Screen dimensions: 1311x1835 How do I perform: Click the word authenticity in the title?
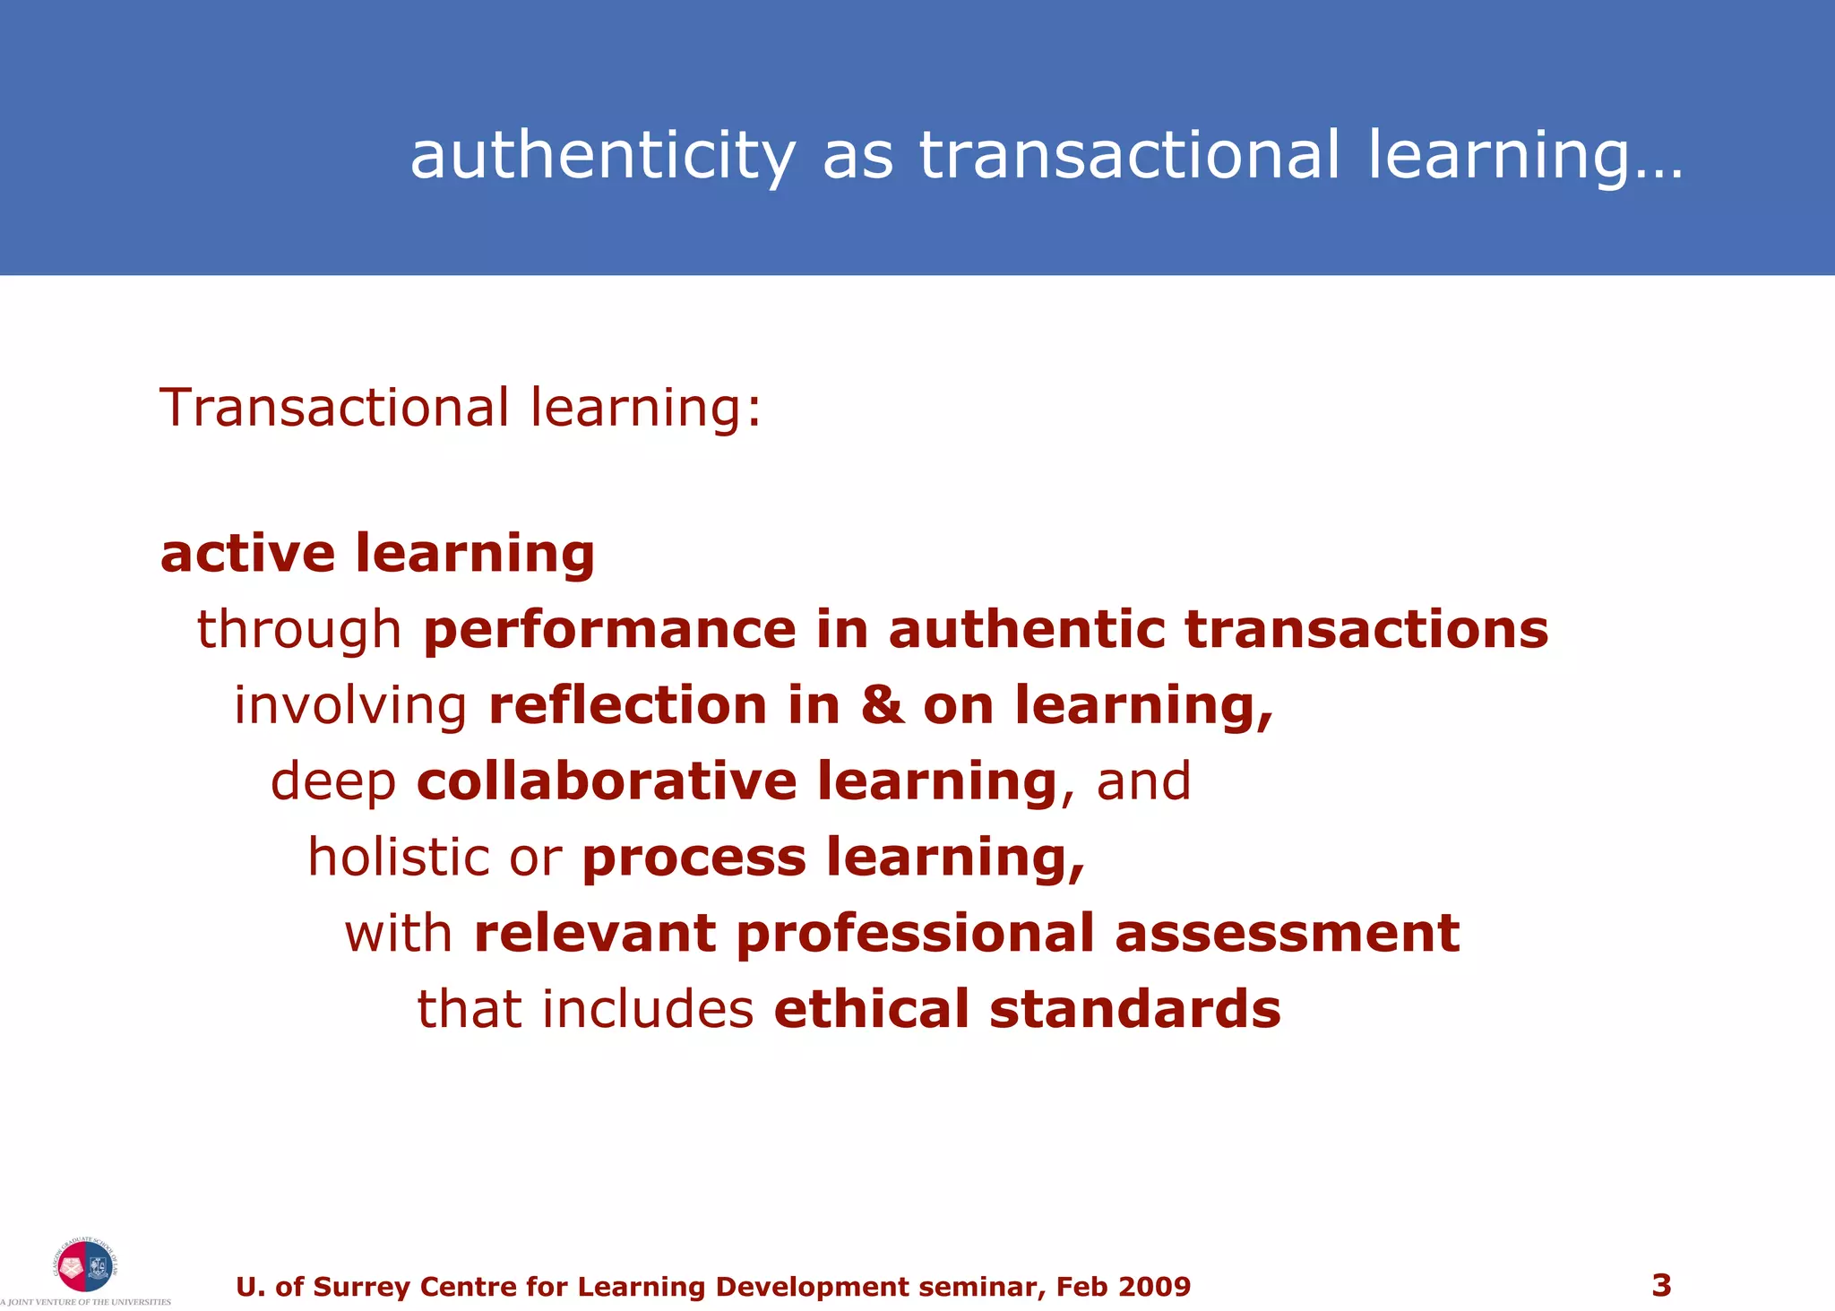click(x=602, y=156)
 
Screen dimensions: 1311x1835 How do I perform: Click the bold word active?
click(x=247, y=553)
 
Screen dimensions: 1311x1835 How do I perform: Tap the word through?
click(x=299, y=629)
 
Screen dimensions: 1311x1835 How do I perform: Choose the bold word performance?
click(x=609, y=629)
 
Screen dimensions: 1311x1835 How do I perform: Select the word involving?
click(x=350, y=705)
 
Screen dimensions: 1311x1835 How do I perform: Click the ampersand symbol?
click(x=882, y=705)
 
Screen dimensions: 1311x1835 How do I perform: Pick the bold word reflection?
click(x=627, y=705)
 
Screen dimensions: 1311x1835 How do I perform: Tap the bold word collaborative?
click(x=607, y=781)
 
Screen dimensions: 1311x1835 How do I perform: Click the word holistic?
click(x=398, y=857)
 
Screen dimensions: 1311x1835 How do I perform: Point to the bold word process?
click(x=694, y=858)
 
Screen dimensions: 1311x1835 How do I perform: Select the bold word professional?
click(x=915, y=933)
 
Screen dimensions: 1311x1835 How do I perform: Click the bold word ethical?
click(x=871, y=1009)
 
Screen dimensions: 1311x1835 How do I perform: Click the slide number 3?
click(x=1661, y=1286)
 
